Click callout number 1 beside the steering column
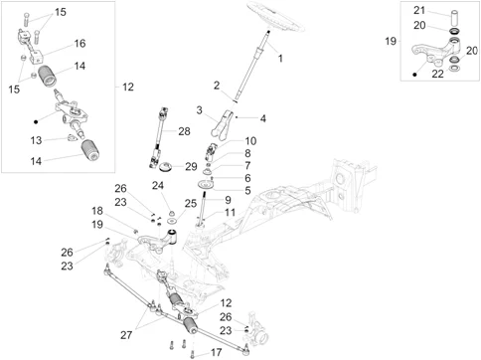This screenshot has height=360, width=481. [x=280, y=59]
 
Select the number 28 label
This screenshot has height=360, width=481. [x=184, y=131]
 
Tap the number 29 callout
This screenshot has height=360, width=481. [x=191, y=166]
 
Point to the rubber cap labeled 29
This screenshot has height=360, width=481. [x=165, y=167]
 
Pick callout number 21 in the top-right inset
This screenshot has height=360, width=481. [x=419, y=10]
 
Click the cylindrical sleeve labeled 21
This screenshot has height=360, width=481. [x=455, y=18]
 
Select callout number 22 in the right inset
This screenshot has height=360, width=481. [x=437, y=74]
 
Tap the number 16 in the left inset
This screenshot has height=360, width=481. [x=80, y=44]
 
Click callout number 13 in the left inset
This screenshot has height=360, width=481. [x=36, y=140]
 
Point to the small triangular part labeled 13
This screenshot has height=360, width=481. [x=72, y=137]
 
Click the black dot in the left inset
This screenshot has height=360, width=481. [x=36, y=121]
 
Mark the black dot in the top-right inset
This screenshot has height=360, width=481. [x=414, y=75]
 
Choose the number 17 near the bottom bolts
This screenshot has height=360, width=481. [x=216, y=352]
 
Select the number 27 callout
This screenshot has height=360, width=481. [x=126, y=335]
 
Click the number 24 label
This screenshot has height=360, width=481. [x=158, y=185]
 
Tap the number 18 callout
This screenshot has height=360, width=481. [x=97, y=211]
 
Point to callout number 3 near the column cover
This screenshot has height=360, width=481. [x=199, y=110]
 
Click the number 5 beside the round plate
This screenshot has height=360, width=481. [x=247, y=191]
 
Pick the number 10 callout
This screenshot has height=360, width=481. [x=250, y=141]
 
